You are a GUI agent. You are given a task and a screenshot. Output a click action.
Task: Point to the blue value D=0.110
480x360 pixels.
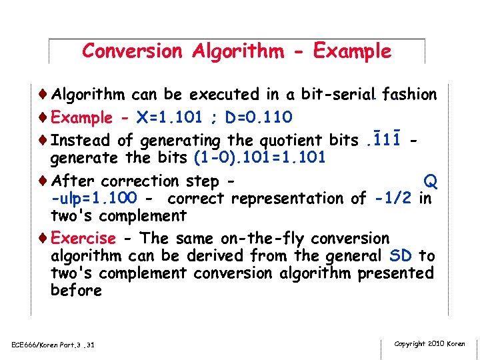pos(259,118)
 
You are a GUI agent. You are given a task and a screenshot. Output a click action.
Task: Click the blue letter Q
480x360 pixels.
pos(431,181)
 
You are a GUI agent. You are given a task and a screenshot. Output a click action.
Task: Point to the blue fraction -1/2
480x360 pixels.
pos(393,199)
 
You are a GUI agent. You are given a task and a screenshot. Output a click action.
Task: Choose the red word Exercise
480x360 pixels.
pos(83,239)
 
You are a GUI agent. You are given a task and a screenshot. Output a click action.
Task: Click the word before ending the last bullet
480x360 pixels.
pos(76,291)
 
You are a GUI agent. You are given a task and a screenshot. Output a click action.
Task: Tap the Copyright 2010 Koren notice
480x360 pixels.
pos(429,344)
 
